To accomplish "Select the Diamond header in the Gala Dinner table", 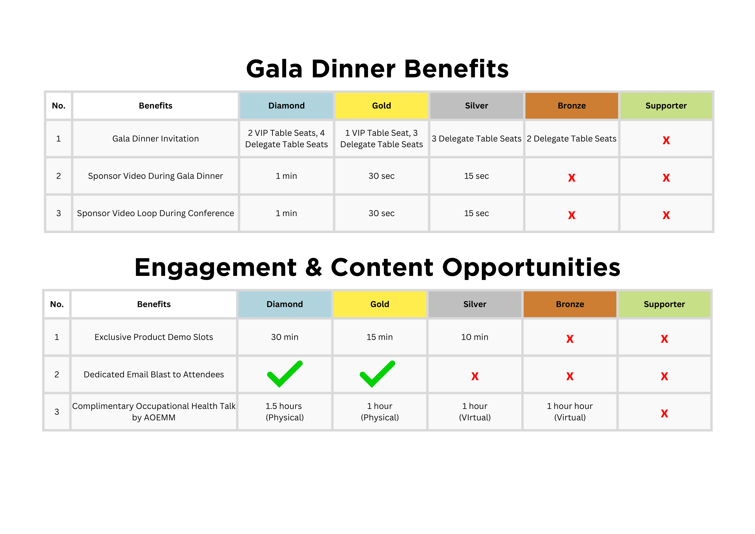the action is point(286,106).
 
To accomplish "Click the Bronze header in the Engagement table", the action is point(570,304).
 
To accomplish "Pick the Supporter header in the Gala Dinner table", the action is point(666,106).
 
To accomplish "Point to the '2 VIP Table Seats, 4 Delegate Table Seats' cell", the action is point(286,139).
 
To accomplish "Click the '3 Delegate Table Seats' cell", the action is point(476,139).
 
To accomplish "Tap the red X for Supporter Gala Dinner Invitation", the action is point(666,140).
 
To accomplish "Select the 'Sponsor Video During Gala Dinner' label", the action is point(155,176).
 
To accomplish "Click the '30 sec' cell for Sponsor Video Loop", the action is point(381,213).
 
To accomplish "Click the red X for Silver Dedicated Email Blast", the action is point(475,376).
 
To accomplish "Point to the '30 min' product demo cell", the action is point(284,337).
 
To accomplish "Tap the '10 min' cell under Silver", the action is point(475,337).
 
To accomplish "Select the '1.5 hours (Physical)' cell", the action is point(284,412).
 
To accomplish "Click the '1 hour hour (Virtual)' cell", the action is point(570,412).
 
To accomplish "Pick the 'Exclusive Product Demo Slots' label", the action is point(154,337).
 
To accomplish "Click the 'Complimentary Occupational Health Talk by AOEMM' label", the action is point(154,412).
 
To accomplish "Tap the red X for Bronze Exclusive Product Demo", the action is point(570,339).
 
